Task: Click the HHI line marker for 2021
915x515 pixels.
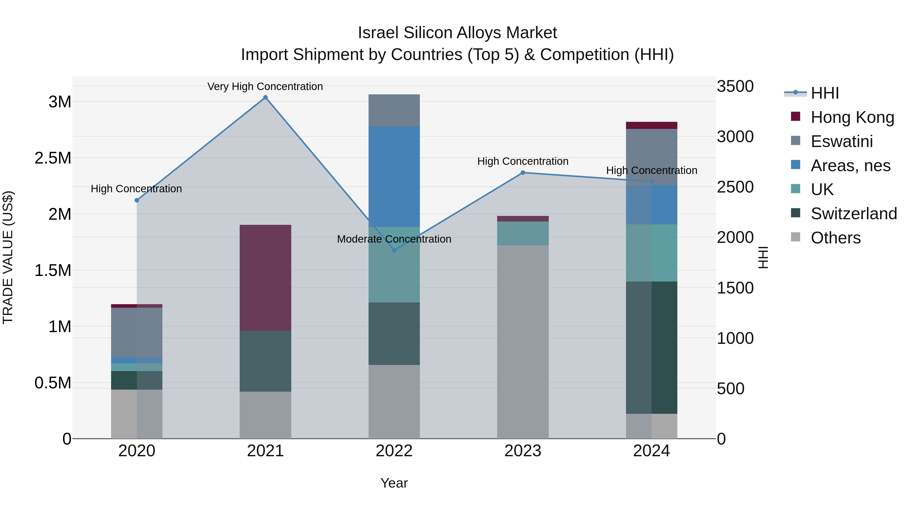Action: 265,97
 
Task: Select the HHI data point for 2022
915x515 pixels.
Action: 394,250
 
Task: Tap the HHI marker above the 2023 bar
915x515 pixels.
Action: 523,173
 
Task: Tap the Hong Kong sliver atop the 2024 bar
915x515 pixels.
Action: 651,125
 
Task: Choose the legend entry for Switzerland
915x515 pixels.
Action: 853,214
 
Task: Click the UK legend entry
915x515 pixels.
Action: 822,189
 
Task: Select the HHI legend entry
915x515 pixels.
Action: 825,93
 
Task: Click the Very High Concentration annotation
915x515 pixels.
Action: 265,86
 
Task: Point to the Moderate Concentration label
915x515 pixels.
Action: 394,239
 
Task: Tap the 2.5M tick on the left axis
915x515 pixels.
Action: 53,158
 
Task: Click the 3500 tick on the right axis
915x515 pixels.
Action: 735,86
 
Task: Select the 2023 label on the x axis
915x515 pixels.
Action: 523,451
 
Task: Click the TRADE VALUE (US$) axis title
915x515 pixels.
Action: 8,257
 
